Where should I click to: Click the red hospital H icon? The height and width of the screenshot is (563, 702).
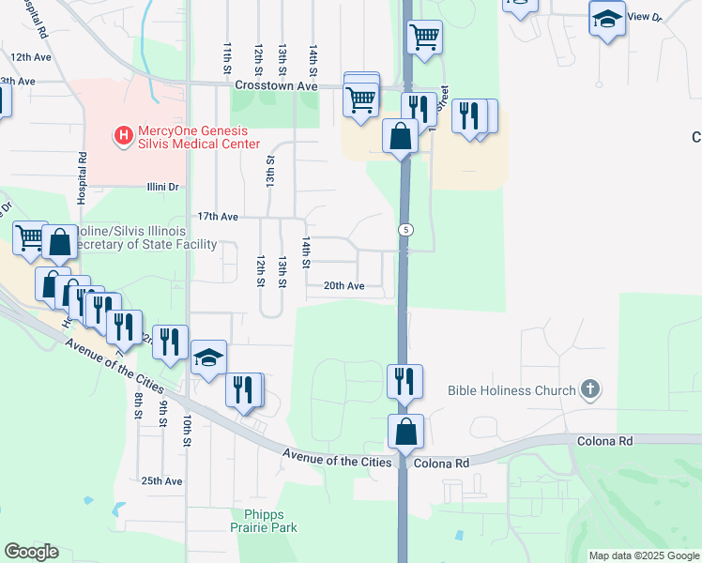(x=122, y=136)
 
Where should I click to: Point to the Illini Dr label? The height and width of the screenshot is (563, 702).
(x=162, y=187)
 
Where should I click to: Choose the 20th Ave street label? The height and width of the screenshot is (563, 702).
(x=343, y=286)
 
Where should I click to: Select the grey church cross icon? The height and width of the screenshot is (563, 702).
(x=590, y=388)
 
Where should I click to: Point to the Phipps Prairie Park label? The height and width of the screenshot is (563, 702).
(x=270, y=520)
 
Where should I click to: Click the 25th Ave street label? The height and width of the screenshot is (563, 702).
(x=161, y=481)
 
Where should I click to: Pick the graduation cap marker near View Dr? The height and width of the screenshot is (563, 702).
(x=607, y=18)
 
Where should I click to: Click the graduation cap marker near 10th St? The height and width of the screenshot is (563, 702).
(x=208, y=358)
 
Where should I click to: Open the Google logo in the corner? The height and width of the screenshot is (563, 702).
(x=31, y=552)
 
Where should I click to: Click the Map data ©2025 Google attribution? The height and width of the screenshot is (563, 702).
(x=644, y=555)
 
